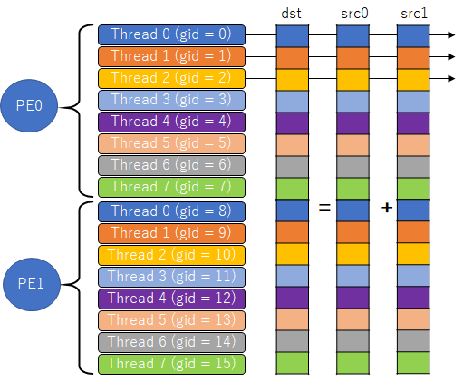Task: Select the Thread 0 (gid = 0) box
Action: pos(171,34)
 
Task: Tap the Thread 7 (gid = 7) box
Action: pos(171,187)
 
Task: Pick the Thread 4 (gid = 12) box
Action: pos(171,298)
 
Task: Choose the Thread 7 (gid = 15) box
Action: pos(171,363)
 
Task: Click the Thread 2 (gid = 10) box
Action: pos(171,254)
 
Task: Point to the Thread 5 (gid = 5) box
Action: pos(171,143)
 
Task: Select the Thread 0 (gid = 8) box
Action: pos(171,211)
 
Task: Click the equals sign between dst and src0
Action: pos(323,208)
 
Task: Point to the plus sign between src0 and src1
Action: pos(386,208)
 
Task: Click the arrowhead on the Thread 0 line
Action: pos(449,35)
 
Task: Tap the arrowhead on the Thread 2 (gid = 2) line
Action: pos(449,79)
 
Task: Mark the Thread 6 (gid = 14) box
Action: pos(171,341)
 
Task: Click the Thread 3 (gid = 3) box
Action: pos(171,100)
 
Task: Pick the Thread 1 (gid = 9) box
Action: pos(171,232)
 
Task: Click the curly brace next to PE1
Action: pos(85,287)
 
